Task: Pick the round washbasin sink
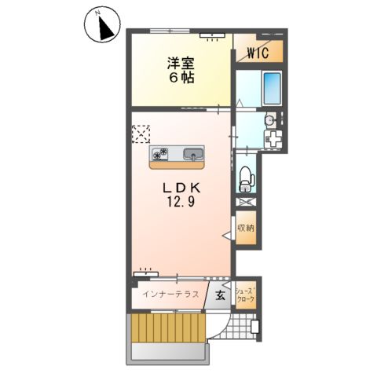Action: click(269, 121)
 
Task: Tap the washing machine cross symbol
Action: click(273, 141)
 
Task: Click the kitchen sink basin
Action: click(193, 153)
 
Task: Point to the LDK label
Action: click(183, 188)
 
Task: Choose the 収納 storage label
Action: click(246, 229)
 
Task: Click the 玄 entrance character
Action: click(220, 295)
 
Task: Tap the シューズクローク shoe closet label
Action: click(246, 295)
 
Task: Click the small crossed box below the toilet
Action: click(246, 202)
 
